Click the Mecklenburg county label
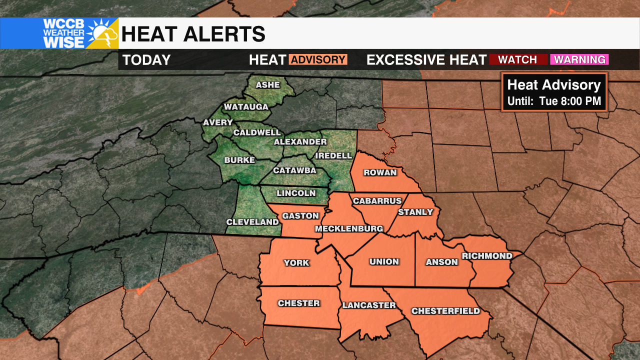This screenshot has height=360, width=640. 348,229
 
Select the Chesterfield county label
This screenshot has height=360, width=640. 445,311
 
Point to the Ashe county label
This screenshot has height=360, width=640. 268,85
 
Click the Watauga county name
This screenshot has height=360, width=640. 246,107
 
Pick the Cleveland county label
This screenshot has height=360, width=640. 252,222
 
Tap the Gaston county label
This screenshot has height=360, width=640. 300,216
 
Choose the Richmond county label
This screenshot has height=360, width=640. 487,256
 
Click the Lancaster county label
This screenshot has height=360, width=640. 369,305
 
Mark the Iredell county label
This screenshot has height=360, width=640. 333,155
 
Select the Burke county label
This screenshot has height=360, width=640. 239,160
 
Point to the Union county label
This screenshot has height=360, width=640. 384,261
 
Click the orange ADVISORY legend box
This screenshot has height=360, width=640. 318,60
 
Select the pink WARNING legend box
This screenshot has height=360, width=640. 579,60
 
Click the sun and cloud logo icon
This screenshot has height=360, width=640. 101,33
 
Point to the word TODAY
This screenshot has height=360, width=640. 146,60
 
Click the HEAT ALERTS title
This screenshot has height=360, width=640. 193,34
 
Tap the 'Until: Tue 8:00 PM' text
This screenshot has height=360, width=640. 554,101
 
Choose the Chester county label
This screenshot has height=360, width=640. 298,303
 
